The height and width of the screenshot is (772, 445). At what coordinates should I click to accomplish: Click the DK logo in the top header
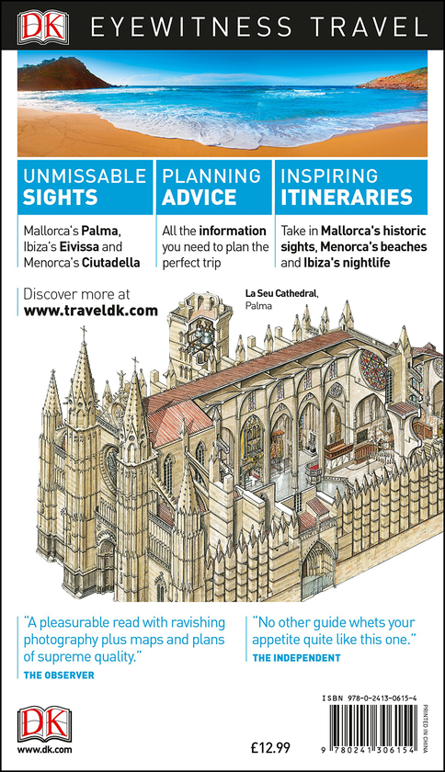pos(43,27)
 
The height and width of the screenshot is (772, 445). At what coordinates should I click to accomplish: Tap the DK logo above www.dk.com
pos(44,724)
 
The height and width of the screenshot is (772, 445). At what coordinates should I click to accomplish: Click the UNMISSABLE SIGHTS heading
pos(85,187)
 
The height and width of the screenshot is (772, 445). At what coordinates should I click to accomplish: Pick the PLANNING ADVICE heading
pos(211,187)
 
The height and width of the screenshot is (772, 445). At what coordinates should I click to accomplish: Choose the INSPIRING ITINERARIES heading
pos(347,187)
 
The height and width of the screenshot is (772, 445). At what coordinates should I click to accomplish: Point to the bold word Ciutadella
pos(111,263)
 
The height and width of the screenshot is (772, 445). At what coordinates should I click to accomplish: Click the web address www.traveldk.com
pos(91,311)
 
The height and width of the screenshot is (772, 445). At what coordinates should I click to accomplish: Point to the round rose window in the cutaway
pos(373,369)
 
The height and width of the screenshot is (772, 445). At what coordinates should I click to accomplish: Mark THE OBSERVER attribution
pos(59,675)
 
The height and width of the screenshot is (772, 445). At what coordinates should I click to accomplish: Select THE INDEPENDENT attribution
pos(296,658)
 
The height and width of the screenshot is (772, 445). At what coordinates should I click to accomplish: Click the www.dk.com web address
pos(44,750)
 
